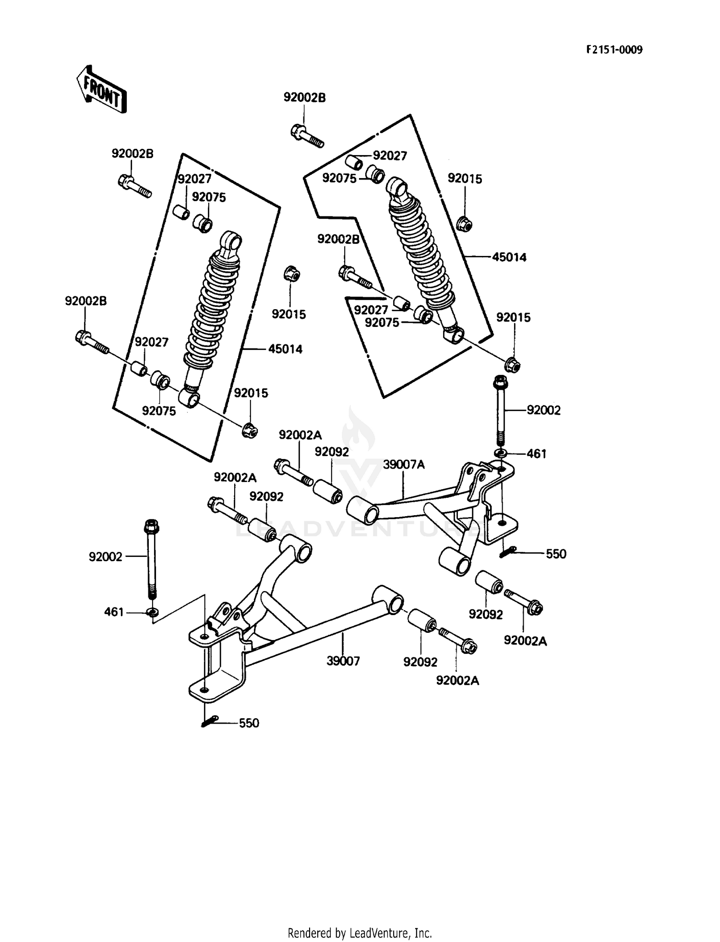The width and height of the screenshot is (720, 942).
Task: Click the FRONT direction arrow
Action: coord(101,89)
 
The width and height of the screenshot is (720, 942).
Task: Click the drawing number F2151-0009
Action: coord(613,50)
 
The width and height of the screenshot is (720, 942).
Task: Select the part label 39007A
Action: coord(404,465)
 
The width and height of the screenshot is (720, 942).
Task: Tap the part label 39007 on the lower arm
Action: coord(343,661)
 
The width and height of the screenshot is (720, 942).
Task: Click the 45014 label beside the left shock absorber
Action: coord(285,349)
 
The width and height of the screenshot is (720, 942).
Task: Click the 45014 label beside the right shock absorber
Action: coord(509,257)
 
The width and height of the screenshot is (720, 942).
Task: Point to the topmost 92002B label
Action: coord(304,97)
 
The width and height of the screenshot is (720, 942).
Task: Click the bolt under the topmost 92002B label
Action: coord(307,135)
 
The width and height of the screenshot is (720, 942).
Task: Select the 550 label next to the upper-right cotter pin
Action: coord(556,554)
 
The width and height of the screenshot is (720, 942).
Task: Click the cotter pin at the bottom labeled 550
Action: coord(210,721)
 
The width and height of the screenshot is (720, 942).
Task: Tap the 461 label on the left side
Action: coord(114,612)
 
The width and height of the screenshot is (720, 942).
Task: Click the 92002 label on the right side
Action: coord(543,411)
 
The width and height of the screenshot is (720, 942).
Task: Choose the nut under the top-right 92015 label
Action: coord(464,223)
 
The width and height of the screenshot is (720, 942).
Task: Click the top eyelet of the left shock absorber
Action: coord(232,240)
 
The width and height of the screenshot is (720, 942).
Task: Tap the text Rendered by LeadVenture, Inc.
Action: coord(360,933)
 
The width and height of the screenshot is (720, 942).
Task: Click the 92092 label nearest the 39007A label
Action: coord(332,452)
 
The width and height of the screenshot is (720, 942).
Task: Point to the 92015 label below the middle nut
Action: coord(288,314)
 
